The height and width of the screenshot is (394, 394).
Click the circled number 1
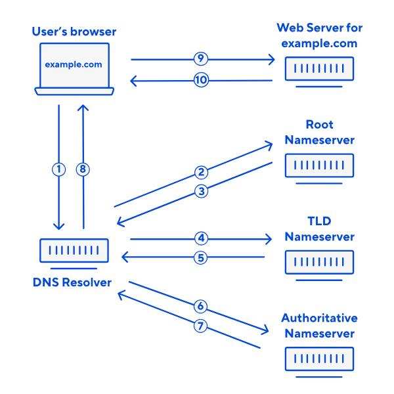59,169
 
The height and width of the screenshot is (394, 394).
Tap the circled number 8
82,169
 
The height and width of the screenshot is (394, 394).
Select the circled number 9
201,59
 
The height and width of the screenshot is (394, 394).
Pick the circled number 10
201,80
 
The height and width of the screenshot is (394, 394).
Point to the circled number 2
201,173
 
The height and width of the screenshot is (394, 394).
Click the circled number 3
201,192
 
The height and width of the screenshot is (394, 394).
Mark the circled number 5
201,257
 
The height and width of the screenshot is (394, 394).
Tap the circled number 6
201,306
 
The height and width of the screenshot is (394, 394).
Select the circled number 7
201,324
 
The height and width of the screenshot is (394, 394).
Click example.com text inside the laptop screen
73,64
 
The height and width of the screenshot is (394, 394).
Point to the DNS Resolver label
72,283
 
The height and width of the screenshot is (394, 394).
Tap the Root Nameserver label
319,132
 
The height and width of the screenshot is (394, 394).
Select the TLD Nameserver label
319,229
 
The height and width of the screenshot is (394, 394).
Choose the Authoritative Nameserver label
319,326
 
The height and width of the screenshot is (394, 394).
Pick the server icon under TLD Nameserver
319,262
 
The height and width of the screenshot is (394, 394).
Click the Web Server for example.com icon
319,68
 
